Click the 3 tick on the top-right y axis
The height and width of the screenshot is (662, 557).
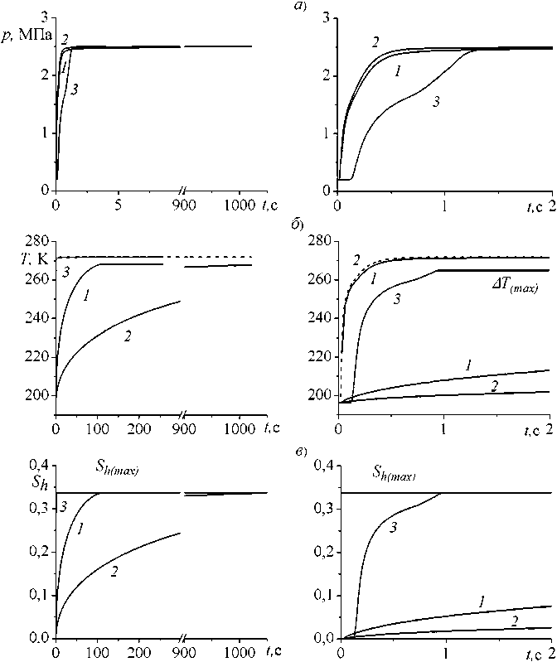click(327, 18)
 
